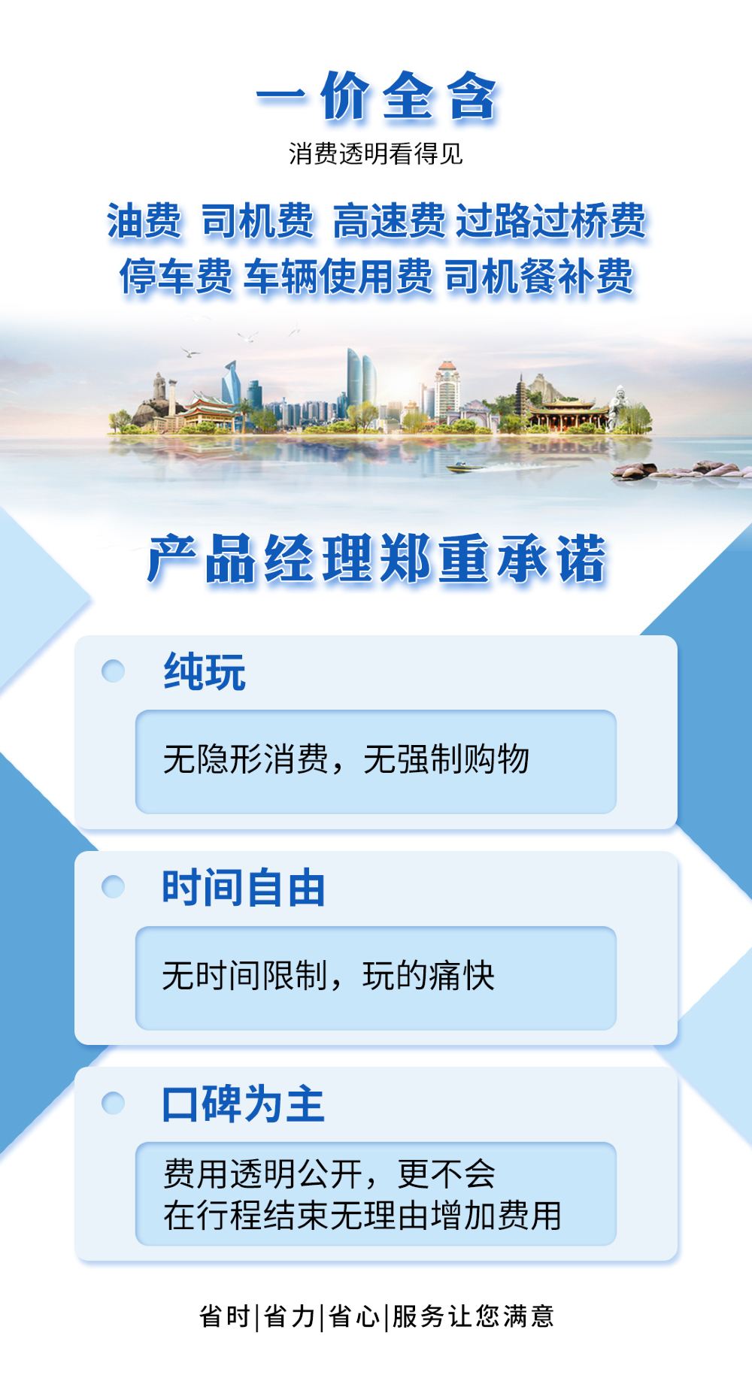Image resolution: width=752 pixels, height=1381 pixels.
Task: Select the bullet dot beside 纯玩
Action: click(113, 671)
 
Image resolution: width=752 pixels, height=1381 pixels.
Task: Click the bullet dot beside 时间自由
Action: click(113, 887)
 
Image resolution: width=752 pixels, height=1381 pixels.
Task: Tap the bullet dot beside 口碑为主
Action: click(113, 1103)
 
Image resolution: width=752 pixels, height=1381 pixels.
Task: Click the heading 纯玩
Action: click(205, 671)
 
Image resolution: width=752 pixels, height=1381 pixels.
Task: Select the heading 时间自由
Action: click(243, 887)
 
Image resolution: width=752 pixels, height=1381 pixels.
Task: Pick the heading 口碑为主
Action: click(243, 1103)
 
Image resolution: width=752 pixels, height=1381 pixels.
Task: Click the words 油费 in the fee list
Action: click(144, 222)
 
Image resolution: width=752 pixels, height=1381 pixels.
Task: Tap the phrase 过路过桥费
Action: click(551, 222)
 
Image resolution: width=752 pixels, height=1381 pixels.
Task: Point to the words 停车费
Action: click(175, 277)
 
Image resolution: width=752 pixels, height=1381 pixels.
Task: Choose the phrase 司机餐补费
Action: click(539, 277)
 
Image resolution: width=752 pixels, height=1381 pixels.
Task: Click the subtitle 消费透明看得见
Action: click(375, 154)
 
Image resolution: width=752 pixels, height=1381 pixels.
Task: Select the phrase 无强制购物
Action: click(446, 759)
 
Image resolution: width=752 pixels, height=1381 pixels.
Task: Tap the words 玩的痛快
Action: click(429, 976)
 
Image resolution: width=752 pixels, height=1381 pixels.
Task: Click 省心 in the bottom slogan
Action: click(354, 1316)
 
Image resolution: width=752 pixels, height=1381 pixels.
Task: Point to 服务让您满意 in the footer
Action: click(472, 1316)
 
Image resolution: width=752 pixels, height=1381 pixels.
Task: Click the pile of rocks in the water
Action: click(681, 470)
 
